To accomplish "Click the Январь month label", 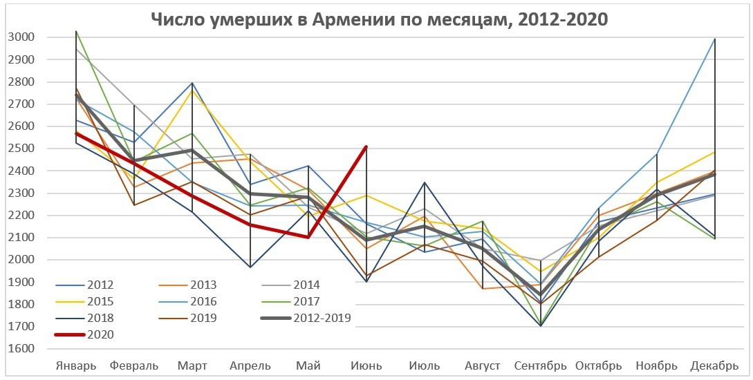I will pyautogui.click(x=76, y=365).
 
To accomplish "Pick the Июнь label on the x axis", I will pyautogui.click(x=365, y=365).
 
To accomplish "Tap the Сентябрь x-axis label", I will pyautogui.click(x=540, y=365).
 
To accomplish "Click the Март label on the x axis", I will pyautogui.click(x=192, y=365).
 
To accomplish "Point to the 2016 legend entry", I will pyautogui.click(x=201, y=302).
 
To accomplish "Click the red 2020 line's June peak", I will pyautogui.click(x=366, y=146).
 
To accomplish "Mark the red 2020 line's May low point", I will pyautogui.click(x=308, y=237).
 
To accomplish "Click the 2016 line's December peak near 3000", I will pyautogui.click(x=714, y=39).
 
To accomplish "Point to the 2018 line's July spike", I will pyautogui.click(x=424, y=182).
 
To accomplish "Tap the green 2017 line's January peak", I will pyautogui.click(x=76, y=31).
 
